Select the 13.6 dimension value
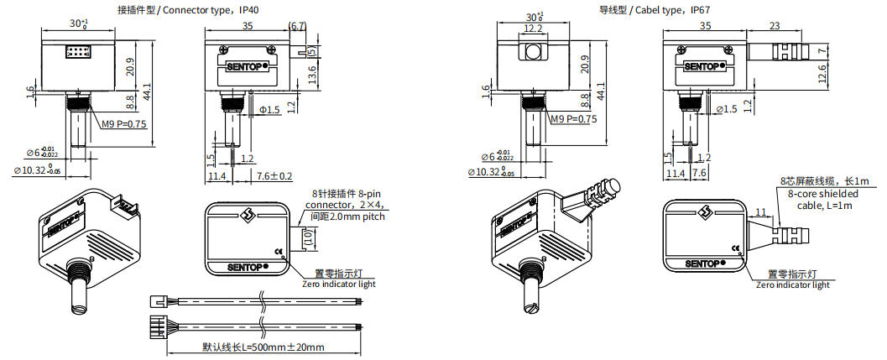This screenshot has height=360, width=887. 311,76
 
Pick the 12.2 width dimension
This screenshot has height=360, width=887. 532,28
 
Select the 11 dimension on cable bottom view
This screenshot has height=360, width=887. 759,213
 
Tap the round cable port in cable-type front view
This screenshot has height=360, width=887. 531,55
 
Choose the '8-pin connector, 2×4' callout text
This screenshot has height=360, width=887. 342,204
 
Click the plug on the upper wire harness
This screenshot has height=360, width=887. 157,300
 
